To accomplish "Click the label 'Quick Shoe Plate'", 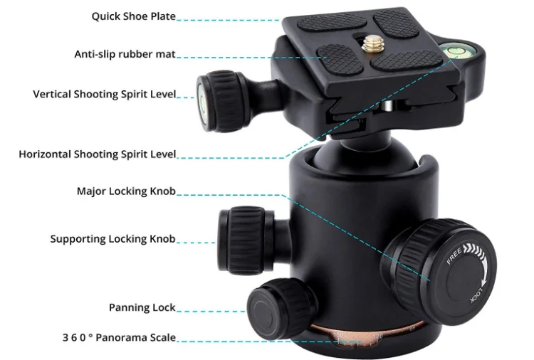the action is click(x=133, y=16).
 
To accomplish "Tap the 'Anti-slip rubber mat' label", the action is click(x=125, y=54).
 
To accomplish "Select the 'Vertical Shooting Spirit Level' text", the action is click(x=104, y=94).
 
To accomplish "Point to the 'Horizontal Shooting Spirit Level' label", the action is click(x=98, y=154).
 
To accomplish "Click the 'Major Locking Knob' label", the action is click(x=126, y=191).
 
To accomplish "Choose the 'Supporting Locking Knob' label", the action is click(x=112, y=239).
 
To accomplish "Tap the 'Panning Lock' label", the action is click(x=142, y=307).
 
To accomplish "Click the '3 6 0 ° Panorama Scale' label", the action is click(x=118, y=337).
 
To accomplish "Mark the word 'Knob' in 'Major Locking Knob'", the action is click(x=161, y=191).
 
